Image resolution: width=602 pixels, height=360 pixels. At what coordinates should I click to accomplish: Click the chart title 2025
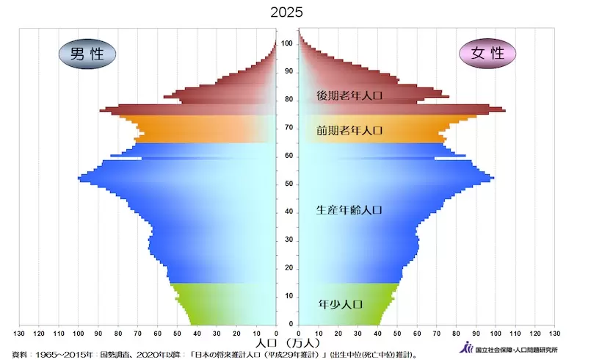[286, 12]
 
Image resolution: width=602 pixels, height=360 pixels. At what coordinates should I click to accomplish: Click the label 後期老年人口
[349, 96]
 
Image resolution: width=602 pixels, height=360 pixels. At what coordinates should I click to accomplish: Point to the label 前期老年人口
[349, 131]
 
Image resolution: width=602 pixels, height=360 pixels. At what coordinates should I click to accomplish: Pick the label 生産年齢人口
[349, 210]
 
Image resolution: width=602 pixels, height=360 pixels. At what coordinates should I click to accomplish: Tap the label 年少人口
[341, 304]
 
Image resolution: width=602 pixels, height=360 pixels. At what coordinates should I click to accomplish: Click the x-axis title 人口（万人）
[287, 343]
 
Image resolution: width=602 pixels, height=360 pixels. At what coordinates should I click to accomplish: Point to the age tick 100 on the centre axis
[287, 43]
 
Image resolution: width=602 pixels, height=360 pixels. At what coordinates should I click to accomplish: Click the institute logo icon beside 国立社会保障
[467, 349]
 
